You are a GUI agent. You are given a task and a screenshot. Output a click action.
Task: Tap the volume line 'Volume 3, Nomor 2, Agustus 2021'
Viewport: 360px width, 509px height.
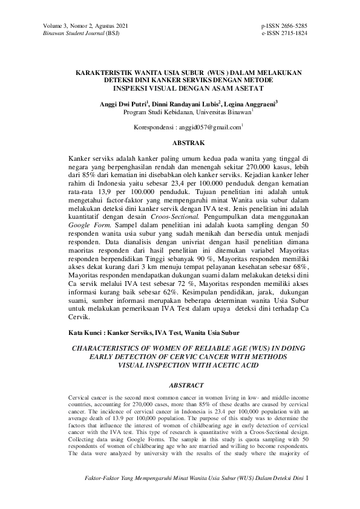(x=85, y=27)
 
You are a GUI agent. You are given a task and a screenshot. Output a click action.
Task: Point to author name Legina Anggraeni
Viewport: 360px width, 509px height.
(x=250, y=104)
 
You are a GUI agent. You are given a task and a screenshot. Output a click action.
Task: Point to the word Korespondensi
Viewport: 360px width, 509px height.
(x=154, y=128)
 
